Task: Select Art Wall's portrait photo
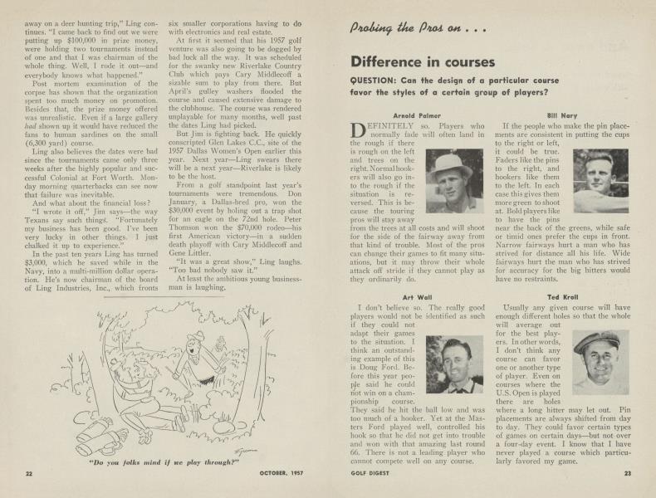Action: [454, 364]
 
